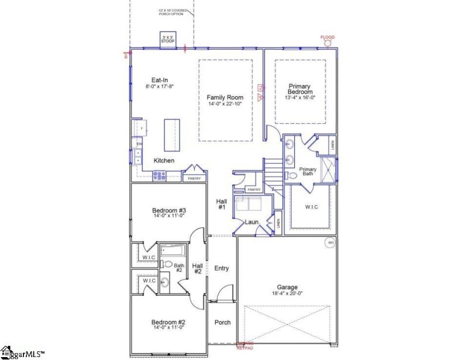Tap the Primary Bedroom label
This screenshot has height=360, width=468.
(300, 89)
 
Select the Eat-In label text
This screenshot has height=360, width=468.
(160, 80)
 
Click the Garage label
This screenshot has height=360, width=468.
(287, 287)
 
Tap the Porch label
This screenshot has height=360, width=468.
(222, 322)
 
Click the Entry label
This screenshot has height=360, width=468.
(222, 268)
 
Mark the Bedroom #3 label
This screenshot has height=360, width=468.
(168, 210)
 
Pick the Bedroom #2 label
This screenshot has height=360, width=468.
(168, 323)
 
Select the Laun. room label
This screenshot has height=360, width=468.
(252, 222)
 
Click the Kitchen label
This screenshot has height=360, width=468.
(164, 160)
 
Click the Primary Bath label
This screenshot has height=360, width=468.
(308, 172)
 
